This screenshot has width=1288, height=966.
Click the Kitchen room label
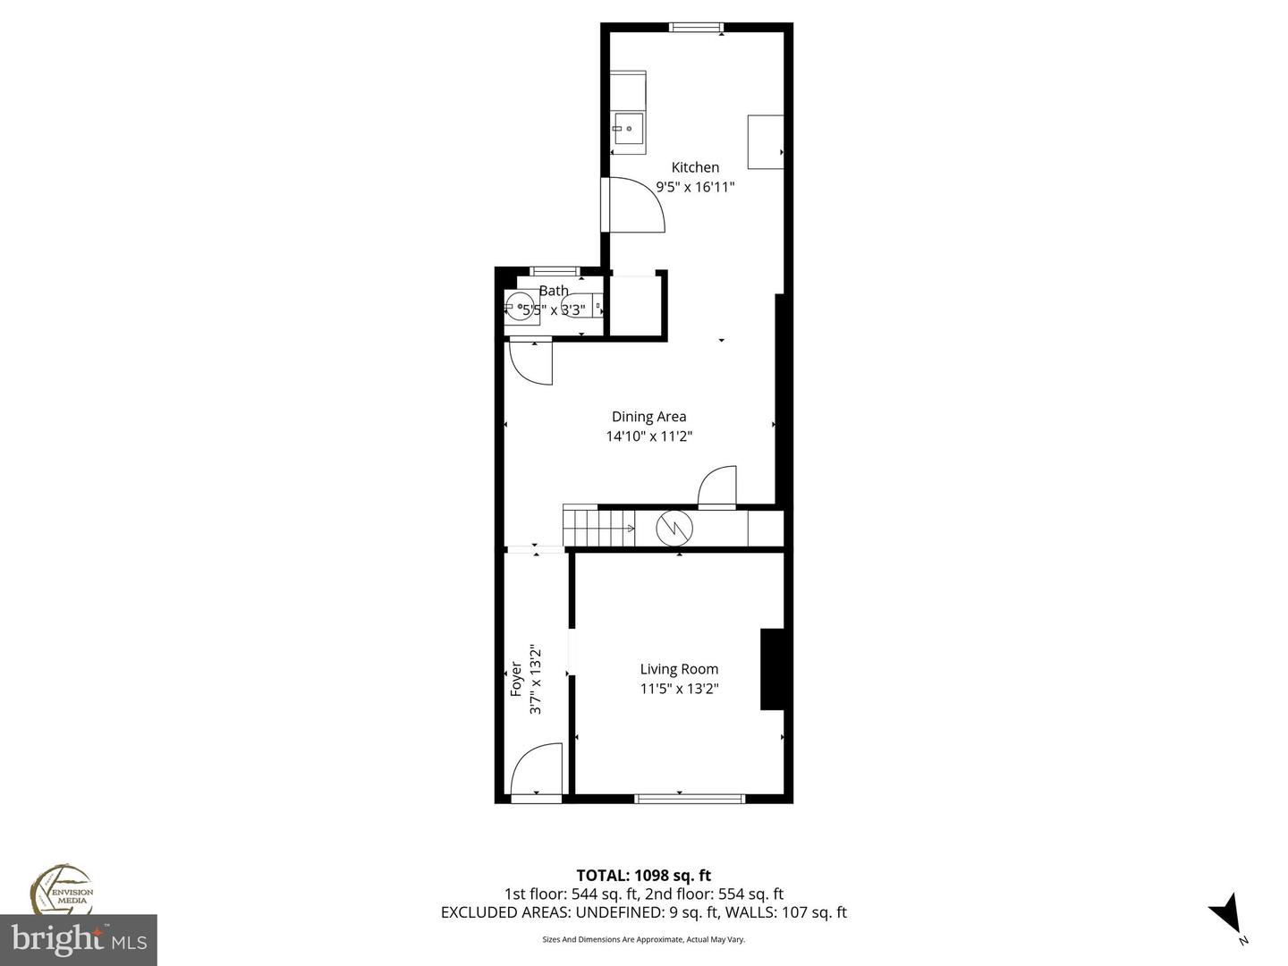pyautogui.click(x=695, y=167)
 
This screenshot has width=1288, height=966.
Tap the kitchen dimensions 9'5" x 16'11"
pyautogui.click(x=695, y=187)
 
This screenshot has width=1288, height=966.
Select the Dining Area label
pyautogui.click(x=648, y=416)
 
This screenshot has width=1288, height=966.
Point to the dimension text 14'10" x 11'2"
pyautogui.click(x=648, y=436)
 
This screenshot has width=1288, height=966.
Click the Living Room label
pyautogui.click(x=679, y=669)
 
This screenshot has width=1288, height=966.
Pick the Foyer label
pyautogui.click(x=515, y=679)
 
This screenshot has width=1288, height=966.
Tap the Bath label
pyautogui.click(x=554, y=291)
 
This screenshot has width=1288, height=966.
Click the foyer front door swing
pyautogui.click(x=537, y=769)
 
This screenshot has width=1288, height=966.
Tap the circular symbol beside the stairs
pyautogui.click(x=674, y=528)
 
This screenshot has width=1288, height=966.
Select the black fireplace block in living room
pyautogui.click(x=771, y=669)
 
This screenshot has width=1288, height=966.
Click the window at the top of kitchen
pyautogui.click(x=698, y=27)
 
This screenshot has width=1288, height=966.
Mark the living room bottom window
pyautogui.click(x=689, y=798)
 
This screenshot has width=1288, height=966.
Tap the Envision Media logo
pyautogui.click(x=63, y=890)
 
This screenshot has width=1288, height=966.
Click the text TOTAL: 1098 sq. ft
pyautogui.click(x=643, y=875)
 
